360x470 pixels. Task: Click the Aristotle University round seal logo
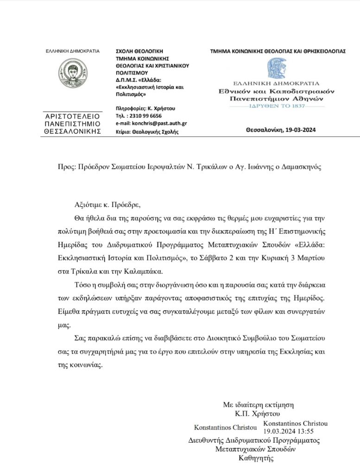(x=72, y=74)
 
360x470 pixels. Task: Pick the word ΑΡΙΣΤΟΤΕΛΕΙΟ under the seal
(x=72, y=117)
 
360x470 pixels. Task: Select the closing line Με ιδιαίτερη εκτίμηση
(x=258, y=405)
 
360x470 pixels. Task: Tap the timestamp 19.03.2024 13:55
(x=282, y=431)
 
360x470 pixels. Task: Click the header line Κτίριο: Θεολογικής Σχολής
(x=146, y=132)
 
